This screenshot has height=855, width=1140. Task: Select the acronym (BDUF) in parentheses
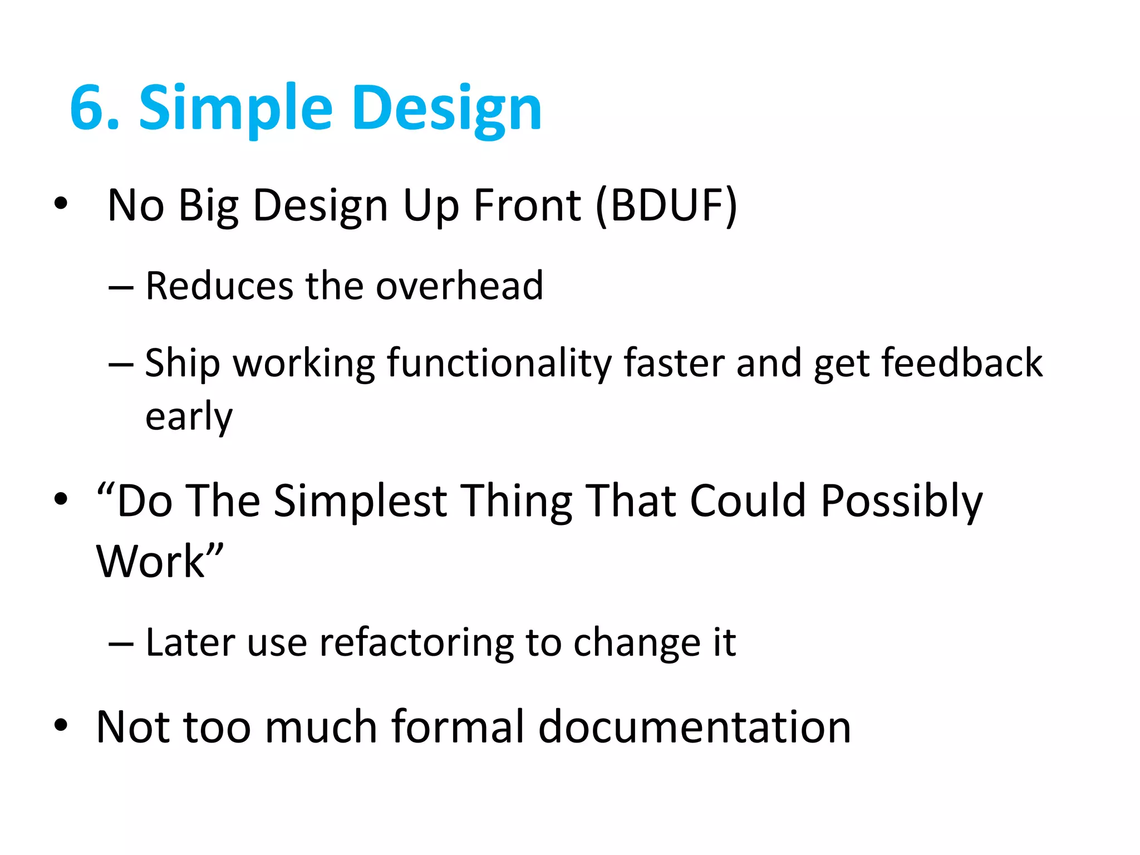coord(666,205)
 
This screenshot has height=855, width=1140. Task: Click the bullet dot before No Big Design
coord(61,204)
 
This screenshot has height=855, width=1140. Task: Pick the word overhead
coord(459,286)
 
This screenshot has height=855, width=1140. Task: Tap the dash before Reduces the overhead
coord(121,288)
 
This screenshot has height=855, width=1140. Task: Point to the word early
coord(189,416)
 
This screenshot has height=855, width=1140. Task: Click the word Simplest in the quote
coord(360,500)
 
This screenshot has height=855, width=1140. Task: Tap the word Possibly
coord(902,502)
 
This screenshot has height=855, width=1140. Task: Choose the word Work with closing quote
coord(160,561)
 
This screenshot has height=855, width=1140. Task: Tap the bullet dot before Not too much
coord(61,725)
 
